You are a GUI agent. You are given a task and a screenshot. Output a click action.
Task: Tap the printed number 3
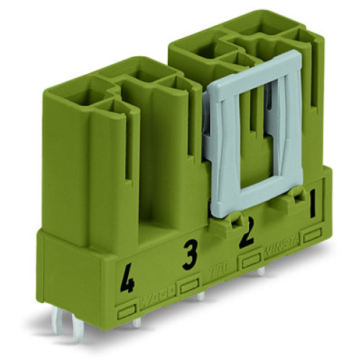pyautogui.click(x=189, y=253)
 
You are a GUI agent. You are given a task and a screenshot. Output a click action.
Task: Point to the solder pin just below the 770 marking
pyautogui.click(x=202, y=296)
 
